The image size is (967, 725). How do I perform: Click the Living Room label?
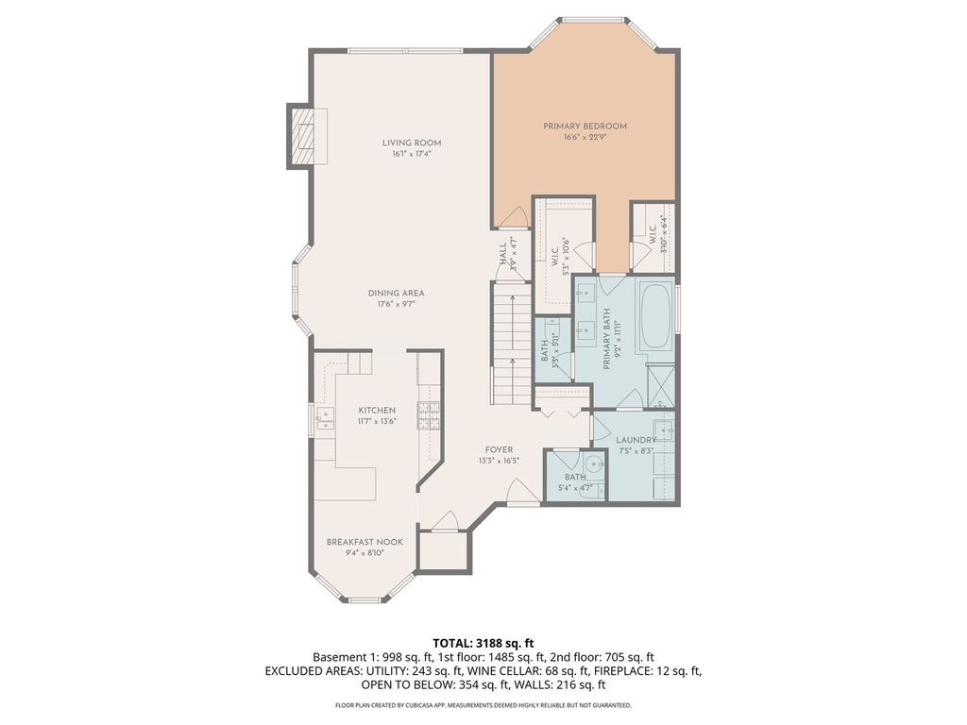(412, 143)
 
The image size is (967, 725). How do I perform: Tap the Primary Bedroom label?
(585, 126)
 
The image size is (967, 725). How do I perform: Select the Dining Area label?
(396, 294)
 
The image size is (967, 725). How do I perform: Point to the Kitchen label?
(377, 411)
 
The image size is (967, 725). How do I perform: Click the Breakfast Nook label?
(365, 542)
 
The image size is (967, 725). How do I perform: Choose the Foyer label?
(499, 450)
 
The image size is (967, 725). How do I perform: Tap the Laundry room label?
(636, 440)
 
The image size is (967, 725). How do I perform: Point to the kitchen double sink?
(323, 418)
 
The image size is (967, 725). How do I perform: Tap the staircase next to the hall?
(512, 343)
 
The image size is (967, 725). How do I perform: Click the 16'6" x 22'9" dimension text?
(585, 138)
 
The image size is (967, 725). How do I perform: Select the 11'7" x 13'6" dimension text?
(377, 422)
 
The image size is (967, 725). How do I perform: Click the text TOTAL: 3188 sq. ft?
(483, 644)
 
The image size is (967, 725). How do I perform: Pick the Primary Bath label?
(606, 339)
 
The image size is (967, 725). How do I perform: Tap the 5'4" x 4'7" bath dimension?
(575, 488)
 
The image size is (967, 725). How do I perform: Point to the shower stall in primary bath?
(660, 385)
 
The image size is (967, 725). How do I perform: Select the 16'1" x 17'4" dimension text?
(412, 154)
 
